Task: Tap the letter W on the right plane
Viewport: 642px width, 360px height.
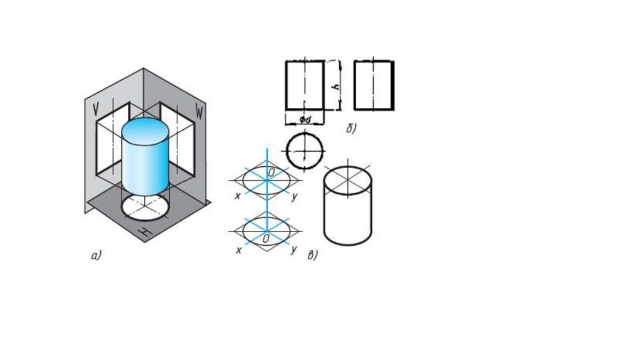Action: [199, 113]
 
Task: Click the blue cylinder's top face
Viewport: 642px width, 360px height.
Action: [145, 130]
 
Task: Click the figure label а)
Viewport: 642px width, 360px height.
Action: [95, 255]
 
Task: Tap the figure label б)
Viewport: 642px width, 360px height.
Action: [351, 129]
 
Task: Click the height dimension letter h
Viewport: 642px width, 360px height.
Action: [336, 87]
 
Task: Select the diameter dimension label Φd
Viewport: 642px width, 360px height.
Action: [305, 119]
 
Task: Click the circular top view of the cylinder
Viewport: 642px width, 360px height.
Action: [305, 151]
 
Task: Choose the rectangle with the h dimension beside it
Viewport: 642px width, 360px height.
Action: [305, 85]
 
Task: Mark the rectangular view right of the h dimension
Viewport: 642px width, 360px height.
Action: [374, 85]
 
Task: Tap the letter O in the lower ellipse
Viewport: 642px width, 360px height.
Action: [266, 240]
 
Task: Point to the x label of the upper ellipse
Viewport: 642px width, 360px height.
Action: [238, 196]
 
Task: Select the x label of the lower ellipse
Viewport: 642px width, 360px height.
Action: [238, 250]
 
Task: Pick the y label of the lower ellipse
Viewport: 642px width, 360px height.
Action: [293, 250]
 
